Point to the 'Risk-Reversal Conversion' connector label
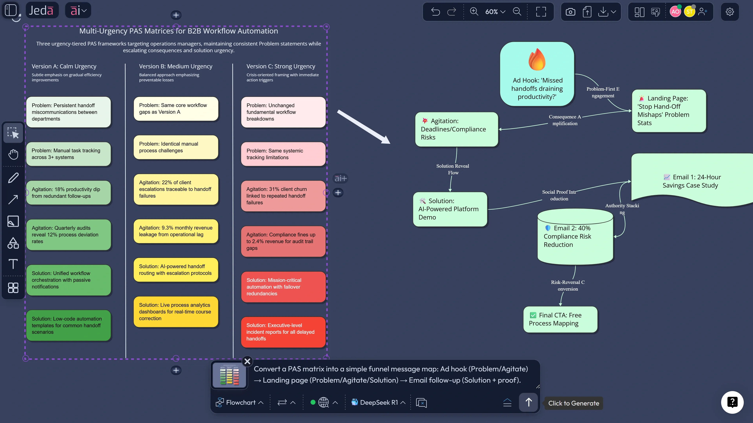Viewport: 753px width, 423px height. (x=568, y=285)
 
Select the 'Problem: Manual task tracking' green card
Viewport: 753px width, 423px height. (x=68, y=154)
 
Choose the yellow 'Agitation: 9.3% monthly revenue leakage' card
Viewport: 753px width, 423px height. (x=176, y=231)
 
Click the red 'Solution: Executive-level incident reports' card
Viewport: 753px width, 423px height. (x=283, y=332)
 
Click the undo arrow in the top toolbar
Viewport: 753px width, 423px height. (x=436, y=12)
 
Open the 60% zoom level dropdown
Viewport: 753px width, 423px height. (x=495, y=12)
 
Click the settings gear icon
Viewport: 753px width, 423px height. (x=730, y=12)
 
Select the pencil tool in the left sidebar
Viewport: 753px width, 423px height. (x=13, y=178)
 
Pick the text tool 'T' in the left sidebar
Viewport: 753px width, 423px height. (x=13, y=264)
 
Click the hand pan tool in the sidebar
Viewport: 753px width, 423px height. (x=13, y=154)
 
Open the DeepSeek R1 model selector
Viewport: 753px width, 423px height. (x=378, y=403)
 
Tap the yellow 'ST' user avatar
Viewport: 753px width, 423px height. (x=689, y=12)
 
